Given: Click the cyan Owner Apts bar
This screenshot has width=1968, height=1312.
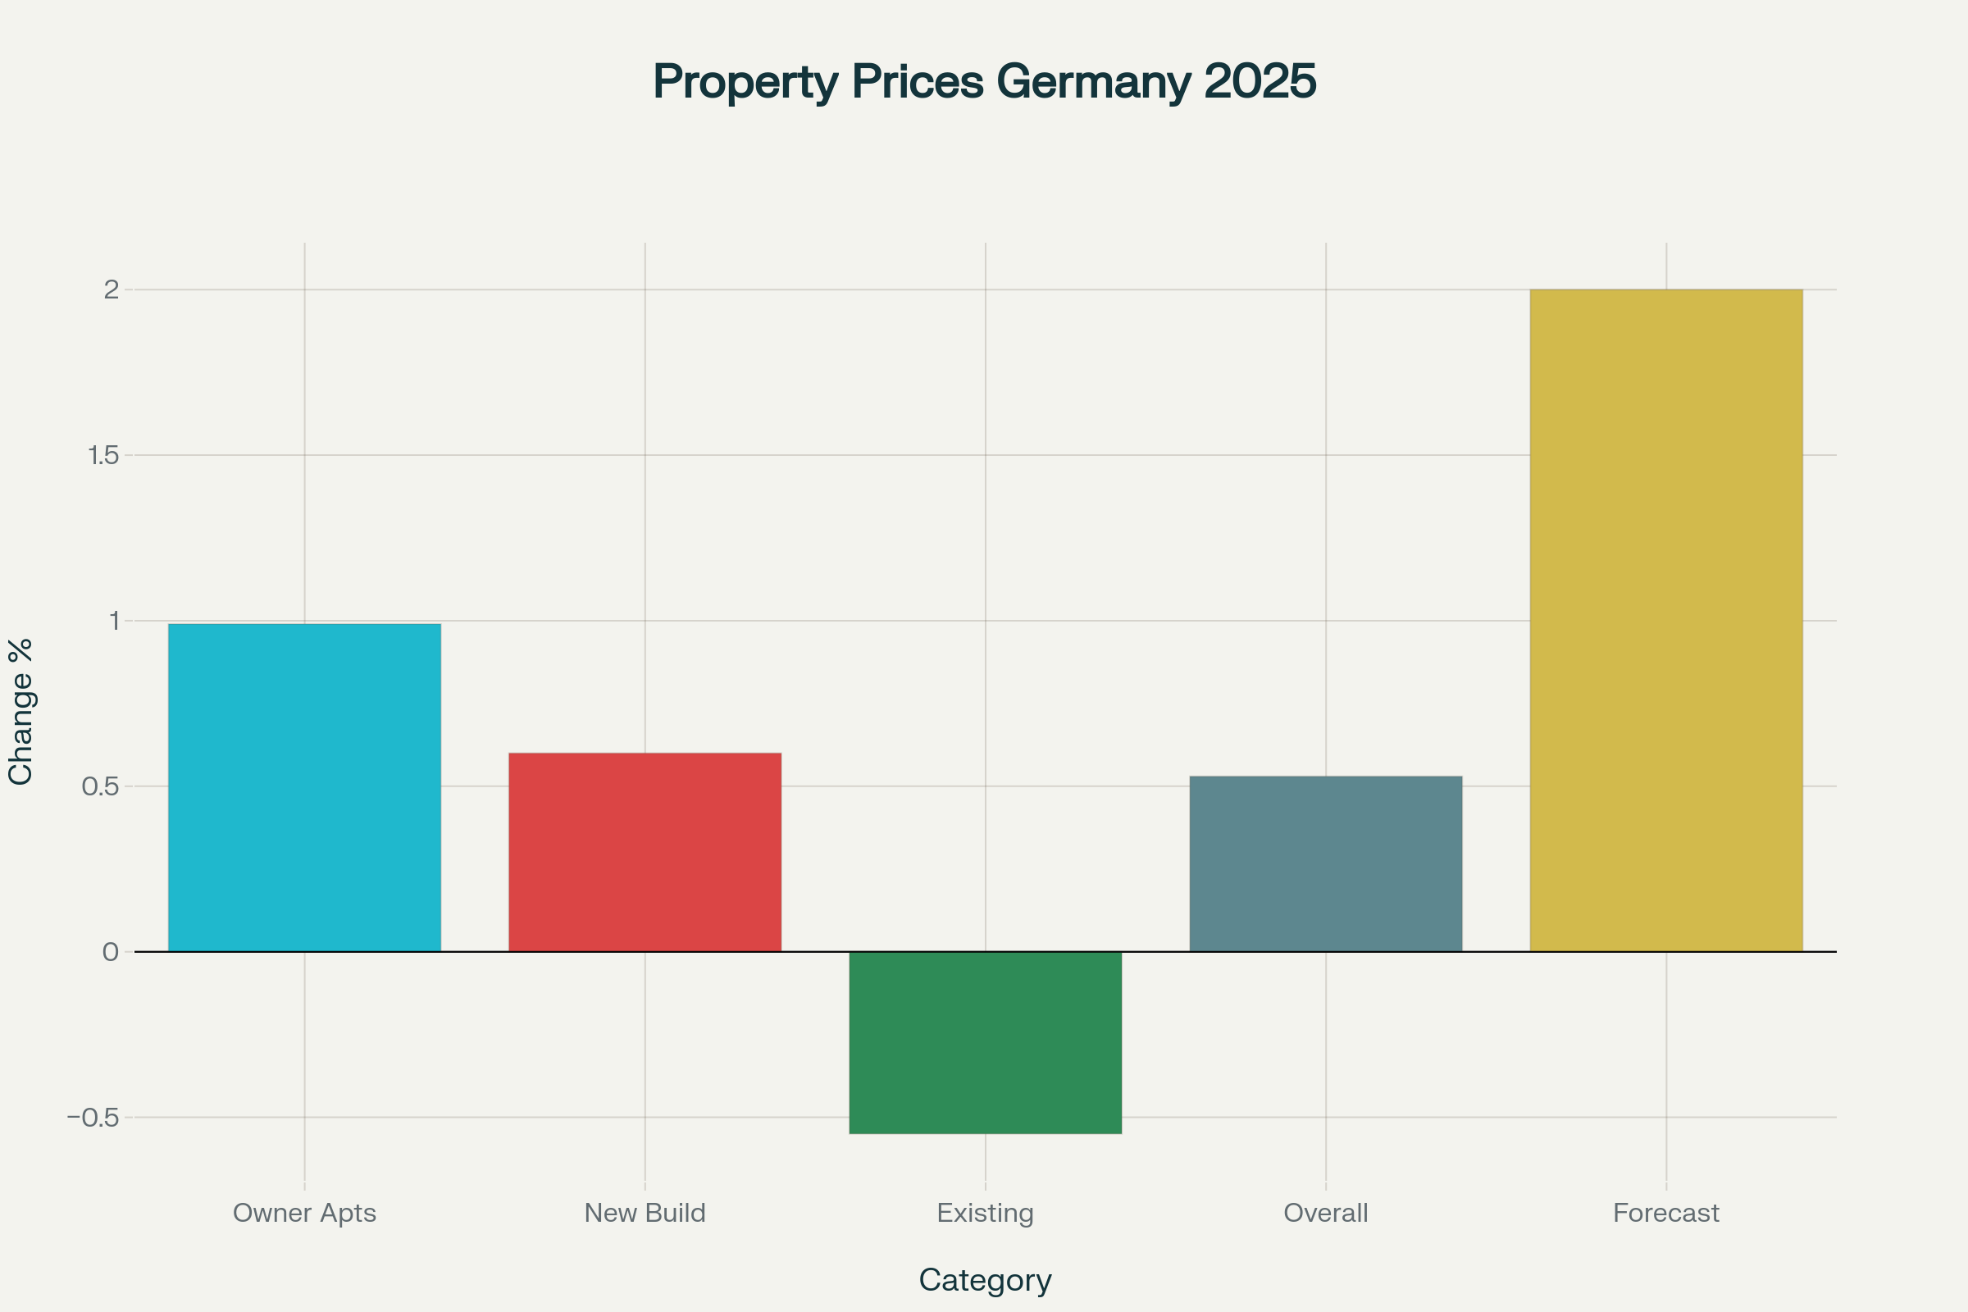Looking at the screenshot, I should [x=304, y=787].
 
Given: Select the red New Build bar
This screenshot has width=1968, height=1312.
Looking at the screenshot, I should [x=645, y=852].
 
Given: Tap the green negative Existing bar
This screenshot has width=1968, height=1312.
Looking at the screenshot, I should [x=985, y=1042].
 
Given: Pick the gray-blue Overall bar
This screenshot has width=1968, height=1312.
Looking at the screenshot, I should [x=1325, y=863].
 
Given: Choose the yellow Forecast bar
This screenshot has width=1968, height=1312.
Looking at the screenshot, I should [x=1666, y=620].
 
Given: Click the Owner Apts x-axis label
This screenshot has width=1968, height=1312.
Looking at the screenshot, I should [x=304, y=1213].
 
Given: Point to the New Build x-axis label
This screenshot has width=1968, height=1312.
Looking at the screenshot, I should [x=645, y=1213].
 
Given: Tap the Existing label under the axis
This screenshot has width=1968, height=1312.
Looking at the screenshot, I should [x=985, y=1213].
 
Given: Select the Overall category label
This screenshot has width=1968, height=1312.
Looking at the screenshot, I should [x=1325, y=1213].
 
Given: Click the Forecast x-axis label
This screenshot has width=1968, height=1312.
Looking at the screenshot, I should [x=1666, y=1213].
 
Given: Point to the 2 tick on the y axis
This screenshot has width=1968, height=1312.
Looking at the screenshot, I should [x=112, y=289].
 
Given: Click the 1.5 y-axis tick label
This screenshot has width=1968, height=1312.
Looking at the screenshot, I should [x=104, y=455].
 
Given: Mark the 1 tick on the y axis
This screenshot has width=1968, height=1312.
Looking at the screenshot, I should [x=114, y=621].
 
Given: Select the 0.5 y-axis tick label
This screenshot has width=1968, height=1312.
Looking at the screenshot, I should [x=100, y=786].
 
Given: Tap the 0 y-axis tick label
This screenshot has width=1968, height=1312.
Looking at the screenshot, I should [x=111, y=952].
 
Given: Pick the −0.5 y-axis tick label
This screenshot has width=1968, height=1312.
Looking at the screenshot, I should [x=93, y=1118].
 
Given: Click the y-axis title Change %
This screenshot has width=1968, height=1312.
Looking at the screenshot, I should [x=20, y=712].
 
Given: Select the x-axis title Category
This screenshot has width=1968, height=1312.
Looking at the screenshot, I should [x=985, y=1280].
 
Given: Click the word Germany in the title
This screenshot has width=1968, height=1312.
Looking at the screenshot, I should [x=1094, y=82].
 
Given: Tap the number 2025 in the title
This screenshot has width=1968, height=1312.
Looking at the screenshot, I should [x=1260, y=82].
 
